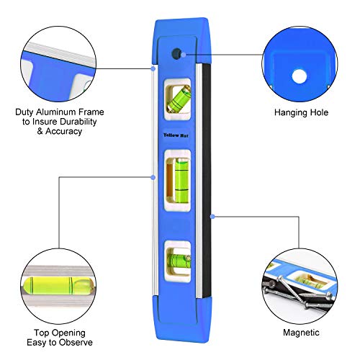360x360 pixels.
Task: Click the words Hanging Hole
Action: pyautogui.click(x=302, y=113)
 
